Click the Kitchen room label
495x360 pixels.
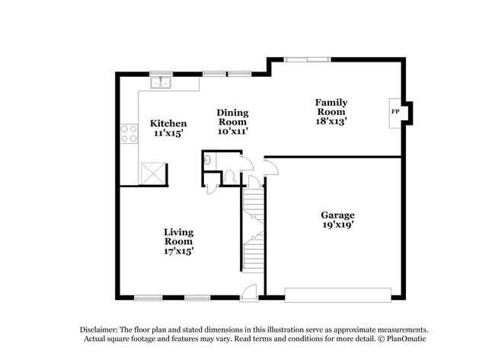[168, 123]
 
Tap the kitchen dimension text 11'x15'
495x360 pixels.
[168, 132]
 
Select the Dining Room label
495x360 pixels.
[233, 116]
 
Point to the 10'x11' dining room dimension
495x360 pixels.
[233, 131]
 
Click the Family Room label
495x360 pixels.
[332, 107]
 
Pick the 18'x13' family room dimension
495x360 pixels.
[332, 120]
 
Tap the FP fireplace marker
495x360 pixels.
[394, 112]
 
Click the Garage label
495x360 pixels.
[337, 215]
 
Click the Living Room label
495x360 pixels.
[178, 236]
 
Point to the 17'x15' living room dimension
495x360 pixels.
[178, 251]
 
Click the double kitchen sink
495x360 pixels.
[161, 83]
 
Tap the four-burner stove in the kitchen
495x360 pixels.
[129, 134]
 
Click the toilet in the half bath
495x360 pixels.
[228, 176]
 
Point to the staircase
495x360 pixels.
[254, 228]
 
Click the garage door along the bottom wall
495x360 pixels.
[337, 294]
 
